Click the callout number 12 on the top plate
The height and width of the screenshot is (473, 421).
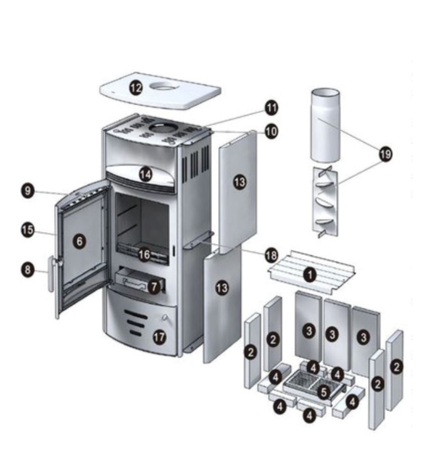136,88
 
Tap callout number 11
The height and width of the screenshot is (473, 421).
271,108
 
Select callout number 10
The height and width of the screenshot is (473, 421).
271,132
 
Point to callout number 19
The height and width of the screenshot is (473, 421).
386,155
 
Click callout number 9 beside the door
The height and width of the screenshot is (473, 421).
28,191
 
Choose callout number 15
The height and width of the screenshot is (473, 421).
28,230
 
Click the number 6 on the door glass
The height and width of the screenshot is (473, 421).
80,241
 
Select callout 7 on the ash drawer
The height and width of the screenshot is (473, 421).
153,287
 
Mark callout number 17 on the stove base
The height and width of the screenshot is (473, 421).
160,337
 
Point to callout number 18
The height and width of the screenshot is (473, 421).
271,256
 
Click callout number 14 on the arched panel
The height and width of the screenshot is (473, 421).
145,174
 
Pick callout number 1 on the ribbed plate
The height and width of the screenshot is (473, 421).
310,275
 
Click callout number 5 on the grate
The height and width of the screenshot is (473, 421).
324,393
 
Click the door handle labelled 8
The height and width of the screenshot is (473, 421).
51,274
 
